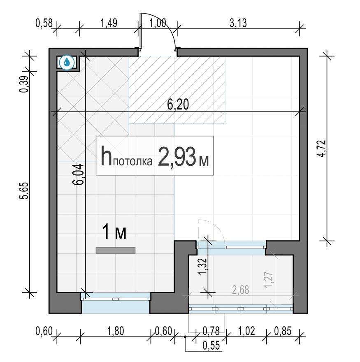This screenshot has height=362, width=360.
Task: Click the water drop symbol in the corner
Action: [67, 63]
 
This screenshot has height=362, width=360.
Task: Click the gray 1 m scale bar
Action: [116, 250]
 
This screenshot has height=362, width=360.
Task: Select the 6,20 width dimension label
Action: [178, 105]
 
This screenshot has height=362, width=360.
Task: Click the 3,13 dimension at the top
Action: [238, 23]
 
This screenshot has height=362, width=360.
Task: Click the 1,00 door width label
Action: [158, 23]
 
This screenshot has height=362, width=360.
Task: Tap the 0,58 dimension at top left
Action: [44, 23]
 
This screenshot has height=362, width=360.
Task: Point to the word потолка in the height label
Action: [133, 161]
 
